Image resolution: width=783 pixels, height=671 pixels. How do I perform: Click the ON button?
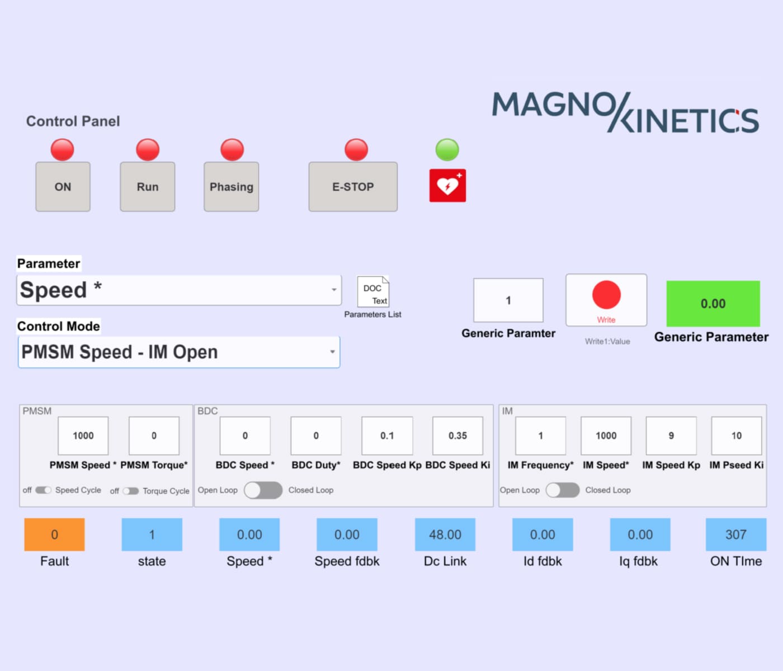pyautogui.click(x=63, y=187)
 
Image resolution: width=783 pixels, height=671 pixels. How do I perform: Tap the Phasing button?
pyautogui.click(x=231, y=187)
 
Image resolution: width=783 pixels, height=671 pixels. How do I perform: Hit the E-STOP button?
pyautogui.click(x=353, y=187)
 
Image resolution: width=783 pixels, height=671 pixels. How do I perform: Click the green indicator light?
pyautogui.click(x=447, y=149)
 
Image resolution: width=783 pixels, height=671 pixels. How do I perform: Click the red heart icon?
pyautogui.click(x=447, y=186)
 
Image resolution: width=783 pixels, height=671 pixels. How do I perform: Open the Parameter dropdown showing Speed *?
pyautogui.click(x=179, y=290)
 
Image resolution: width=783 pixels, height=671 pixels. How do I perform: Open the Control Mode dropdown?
pyautogui.click(x=179, y=352)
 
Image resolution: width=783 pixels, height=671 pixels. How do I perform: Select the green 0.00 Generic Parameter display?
pyautogui.click(x=713, y=304)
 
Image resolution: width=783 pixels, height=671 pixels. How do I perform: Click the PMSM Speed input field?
pyautogui.click(x=83, y=436)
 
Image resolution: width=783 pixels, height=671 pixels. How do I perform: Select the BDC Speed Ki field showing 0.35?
pyautogui.click(x=457, y=436)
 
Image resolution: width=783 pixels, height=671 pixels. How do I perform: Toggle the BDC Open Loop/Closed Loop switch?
pyautogui.click(x=263, y=490)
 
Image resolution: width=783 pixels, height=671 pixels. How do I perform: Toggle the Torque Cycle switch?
pyautogui.click(x=131, y=491)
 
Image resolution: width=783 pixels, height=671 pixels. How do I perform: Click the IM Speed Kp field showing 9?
pyautogui.click(x=671, y=436)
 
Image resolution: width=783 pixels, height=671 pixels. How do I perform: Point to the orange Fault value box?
pyautogui.click(x=54, y=535)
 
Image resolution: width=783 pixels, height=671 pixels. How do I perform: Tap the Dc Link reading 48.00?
pyautogui.click(x=445, y=535)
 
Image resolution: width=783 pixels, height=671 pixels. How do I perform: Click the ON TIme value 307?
pyautogui.click(x=736, y=535)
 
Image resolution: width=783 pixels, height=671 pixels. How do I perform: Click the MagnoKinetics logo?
pyautogui.click(x=625, y=112)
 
